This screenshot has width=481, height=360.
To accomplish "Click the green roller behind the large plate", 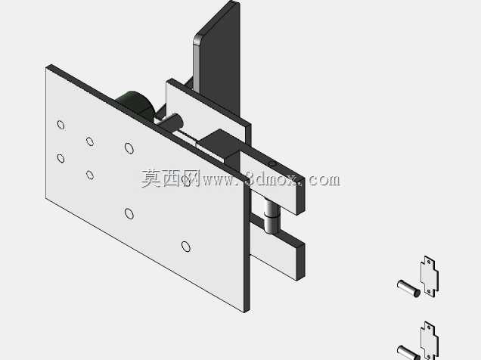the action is (x=135, y=103).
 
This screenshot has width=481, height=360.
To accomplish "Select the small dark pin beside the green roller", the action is (x=172, y=122).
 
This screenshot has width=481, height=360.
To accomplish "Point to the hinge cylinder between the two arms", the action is (x=272, y=216).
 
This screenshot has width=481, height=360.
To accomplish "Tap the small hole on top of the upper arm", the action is (x=272, y=164).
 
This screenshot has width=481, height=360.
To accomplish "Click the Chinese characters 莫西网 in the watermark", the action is (x=169, y=178).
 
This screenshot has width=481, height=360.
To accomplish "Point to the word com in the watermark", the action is (x=324, y=180).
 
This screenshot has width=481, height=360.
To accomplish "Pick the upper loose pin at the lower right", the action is (x=408, y=288).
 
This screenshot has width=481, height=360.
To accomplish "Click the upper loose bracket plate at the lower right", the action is (x=430, y=277).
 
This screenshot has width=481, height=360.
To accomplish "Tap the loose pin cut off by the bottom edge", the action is (x=408, y=352).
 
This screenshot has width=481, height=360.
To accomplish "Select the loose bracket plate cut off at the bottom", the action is (x=430, y=341).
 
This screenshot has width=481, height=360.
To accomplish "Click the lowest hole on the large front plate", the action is (x=185, y=247).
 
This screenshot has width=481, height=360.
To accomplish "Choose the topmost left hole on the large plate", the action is (x=61, y=125).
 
